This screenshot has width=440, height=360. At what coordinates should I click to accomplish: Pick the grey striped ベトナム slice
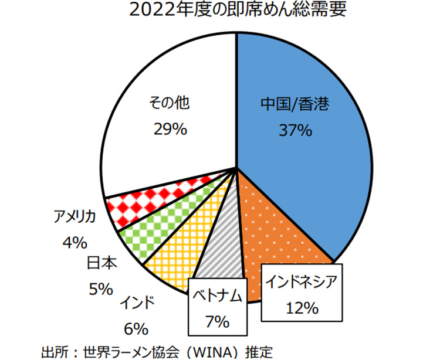(220, 252)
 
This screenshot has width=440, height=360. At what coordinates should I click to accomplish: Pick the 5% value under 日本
(101, 288)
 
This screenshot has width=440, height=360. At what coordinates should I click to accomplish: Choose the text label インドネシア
(302, 282)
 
